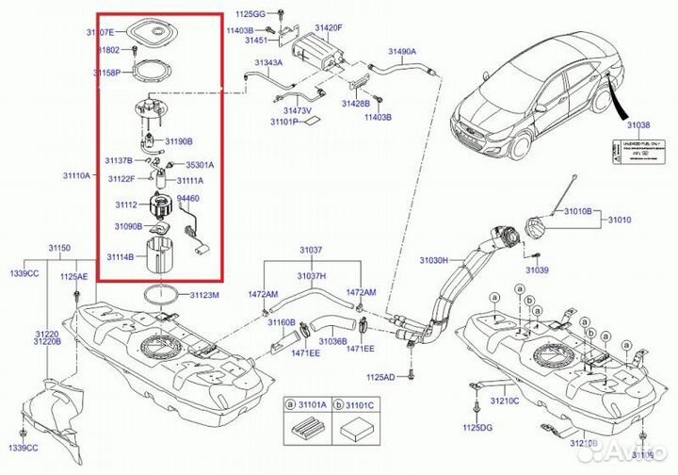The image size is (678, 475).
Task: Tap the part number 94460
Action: (x=188, y=200)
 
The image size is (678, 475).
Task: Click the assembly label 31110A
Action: (x=77, y=175)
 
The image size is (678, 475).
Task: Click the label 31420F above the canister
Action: (x=329, y=27)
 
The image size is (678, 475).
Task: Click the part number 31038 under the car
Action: (x=641, y=123)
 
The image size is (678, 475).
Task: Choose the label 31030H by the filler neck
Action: (x=435, y=259)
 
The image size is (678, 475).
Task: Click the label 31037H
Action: (x=311, y=275)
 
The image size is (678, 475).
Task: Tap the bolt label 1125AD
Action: (x=380, y=377)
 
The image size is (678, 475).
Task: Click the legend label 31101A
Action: (x=310, y=405)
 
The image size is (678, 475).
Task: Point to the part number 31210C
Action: (x=504, y=400)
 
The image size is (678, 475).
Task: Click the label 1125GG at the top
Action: (x=250, y=16)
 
